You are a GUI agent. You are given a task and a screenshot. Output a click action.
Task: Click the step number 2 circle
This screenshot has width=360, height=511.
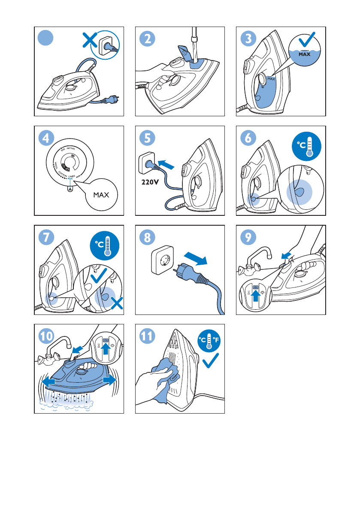(147, 39)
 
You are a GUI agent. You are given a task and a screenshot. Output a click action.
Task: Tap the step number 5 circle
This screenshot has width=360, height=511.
(147, 138)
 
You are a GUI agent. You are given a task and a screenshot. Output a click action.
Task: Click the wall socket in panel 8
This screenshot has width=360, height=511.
(163, 262)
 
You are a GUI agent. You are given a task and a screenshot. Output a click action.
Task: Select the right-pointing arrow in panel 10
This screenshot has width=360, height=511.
(111, 380)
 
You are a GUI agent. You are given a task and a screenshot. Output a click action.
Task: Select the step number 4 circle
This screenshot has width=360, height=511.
(46, 138)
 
